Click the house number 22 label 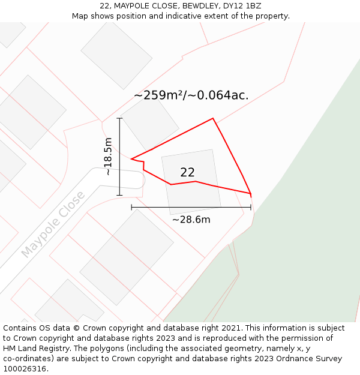[x=187, y=173]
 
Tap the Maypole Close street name [x=53, y=225]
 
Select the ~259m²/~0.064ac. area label [x=191, y=95]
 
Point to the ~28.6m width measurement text [x=191, y=220]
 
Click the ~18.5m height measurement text [x=108, y=157]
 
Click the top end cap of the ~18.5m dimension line [x=119, y=119]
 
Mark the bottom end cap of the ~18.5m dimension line [x=119, y=195]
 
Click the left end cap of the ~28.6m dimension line [x=131, y=208]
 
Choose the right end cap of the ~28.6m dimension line [x=251, y=208]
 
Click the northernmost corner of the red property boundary [x=213, y=118]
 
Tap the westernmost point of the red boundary [x=131, y=159]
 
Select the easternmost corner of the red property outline [x=250, y=193]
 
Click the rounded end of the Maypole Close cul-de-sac [x=139, y=180]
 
